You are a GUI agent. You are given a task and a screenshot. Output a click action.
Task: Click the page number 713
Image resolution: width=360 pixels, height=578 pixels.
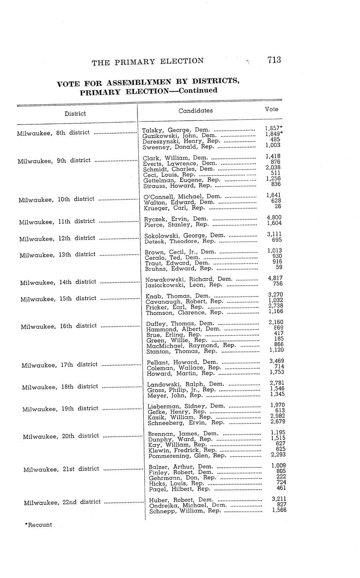(x=274, y=60)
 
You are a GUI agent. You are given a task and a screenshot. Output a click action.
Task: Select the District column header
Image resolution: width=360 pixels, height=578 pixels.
(x=75, y=114)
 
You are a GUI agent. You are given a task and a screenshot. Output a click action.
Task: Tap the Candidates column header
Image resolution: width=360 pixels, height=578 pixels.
(x=195, y=111)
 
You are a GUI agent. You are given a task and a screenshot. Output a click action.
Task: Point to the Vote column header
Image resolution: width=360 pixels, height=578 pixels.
(x=272, y=109)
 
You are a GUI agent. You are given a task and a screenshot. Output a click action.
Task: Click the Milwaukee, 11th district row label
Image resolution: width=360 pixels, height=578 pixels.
(x=57, y=222)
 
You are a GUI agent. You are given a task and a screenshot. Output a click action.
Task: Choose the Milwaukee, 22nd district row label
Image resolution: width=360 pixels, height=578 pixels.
(x=62, y=502)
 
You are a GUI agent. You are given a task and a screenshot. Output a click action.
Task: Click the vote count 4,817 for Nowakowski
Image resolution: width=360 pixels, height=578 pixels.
(x=275, y=278)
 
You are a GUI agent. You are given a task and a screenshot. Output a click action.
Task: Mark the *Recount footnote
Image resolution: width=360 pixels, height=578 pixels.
(x=39, y=525)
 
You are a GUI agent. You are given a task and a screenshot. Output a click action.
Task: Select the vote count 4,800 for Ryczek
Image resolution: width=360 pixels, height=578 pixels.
(x=274, y=217)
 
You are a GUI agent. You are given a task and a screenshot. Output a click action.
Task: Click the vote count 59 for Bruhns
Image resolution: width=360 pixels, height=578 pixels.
(x=279, y=267)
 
